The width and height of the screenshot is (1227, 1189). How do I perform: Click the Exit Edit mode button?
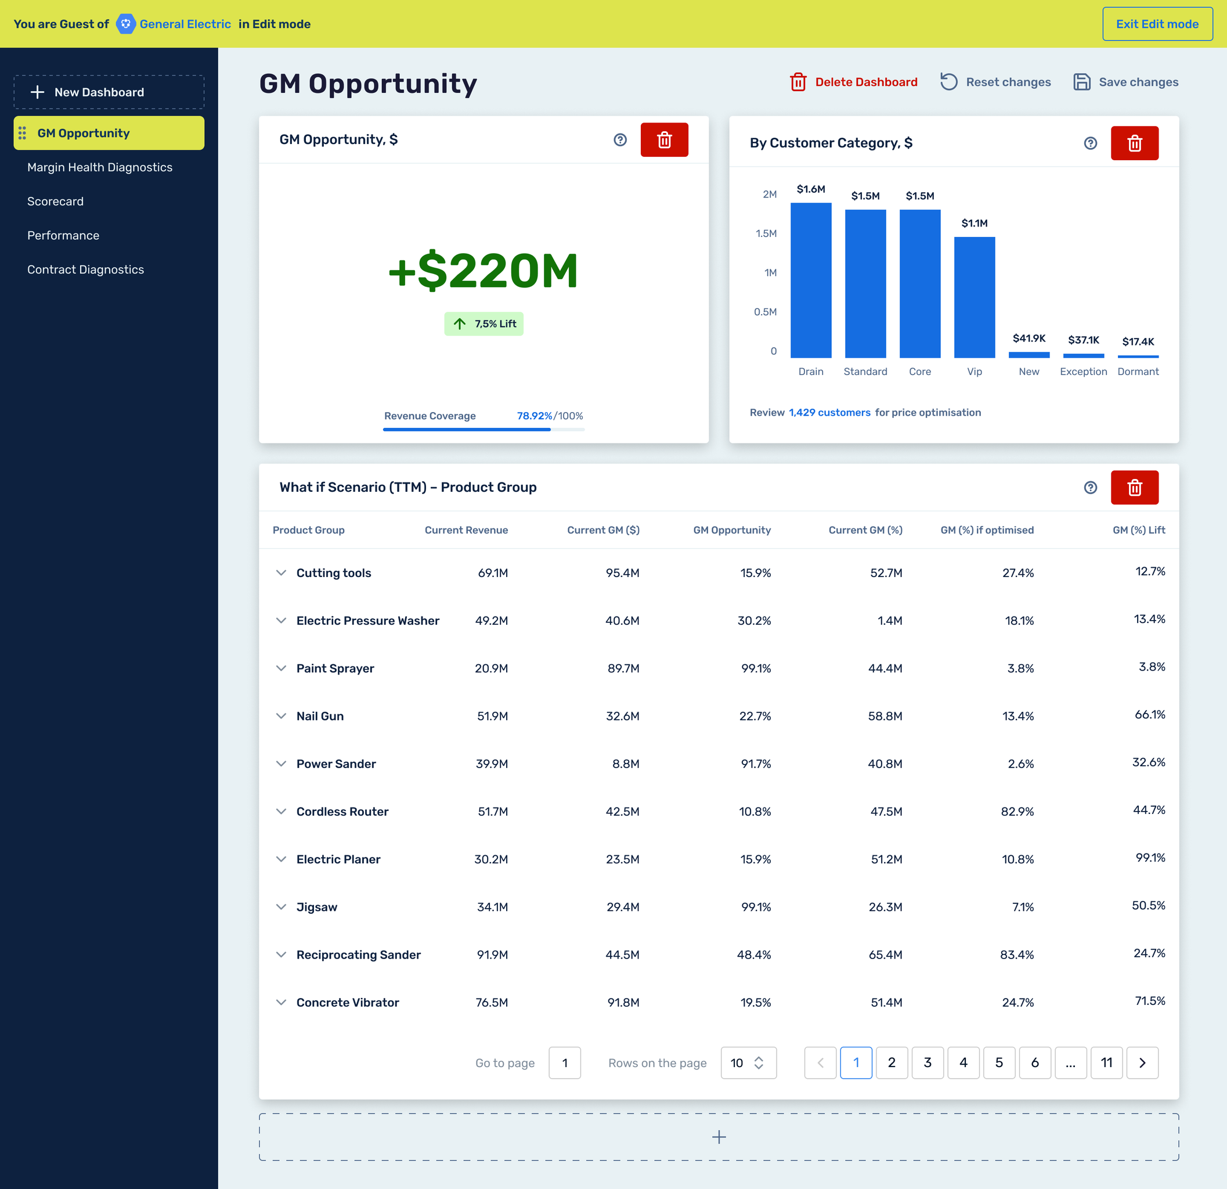[x=1157, y=24]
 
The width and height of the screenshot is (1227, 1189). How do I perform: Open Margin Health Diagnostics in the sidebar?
[x=99, y=167]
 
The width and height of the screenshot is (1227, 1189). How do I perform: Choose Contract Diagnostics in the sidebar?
[x=85, y=269]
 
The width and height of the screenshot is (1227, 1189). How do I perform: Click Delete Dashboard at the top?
[x=854, y=82]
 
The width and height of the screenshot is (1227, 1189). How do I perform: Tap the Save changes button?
[x=1126, y=82]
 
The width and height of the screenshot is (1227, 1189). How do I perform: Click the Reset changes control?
[x=995, y=82]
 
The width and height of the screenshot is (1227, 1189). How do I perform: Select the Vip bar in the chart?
[x=974, y=297]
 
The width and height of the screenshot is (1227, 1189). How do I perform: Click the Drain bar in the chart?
[x=811, y=280]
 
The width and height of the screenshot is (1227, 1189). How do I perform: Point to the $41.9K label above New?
[x=1028, y=338]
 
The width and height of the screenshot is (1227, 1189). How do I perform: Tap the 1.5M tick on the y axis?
[x=766, y=233]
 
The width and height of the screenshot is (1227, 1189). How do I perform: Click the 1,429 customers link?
[x=829, y=413]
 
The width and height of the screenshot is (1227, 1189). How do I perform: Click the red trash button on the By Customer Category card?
[x=1134, y=143]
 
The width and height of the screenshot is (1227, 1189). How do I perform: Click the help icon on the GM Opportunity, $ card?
[x=620, y=139]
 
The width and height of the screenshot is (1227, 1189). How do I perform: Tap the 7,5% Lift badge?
[x=484, y=324]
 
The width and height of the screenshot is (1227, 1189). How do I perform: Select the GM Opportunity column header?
[x=731, y=529]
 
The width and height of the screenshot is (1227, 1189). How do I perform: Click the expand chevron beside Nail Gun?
[x=281, y=716]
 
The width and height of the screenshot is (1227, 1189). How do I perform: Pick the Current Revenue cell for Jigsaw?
[x=492, y=907]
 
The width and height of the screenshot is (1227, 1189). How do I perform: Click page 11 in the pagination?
[x=1106, y=1062]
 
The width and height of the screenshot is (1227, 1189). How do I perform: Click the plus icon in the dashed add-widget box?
[x=719, y=1137]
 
